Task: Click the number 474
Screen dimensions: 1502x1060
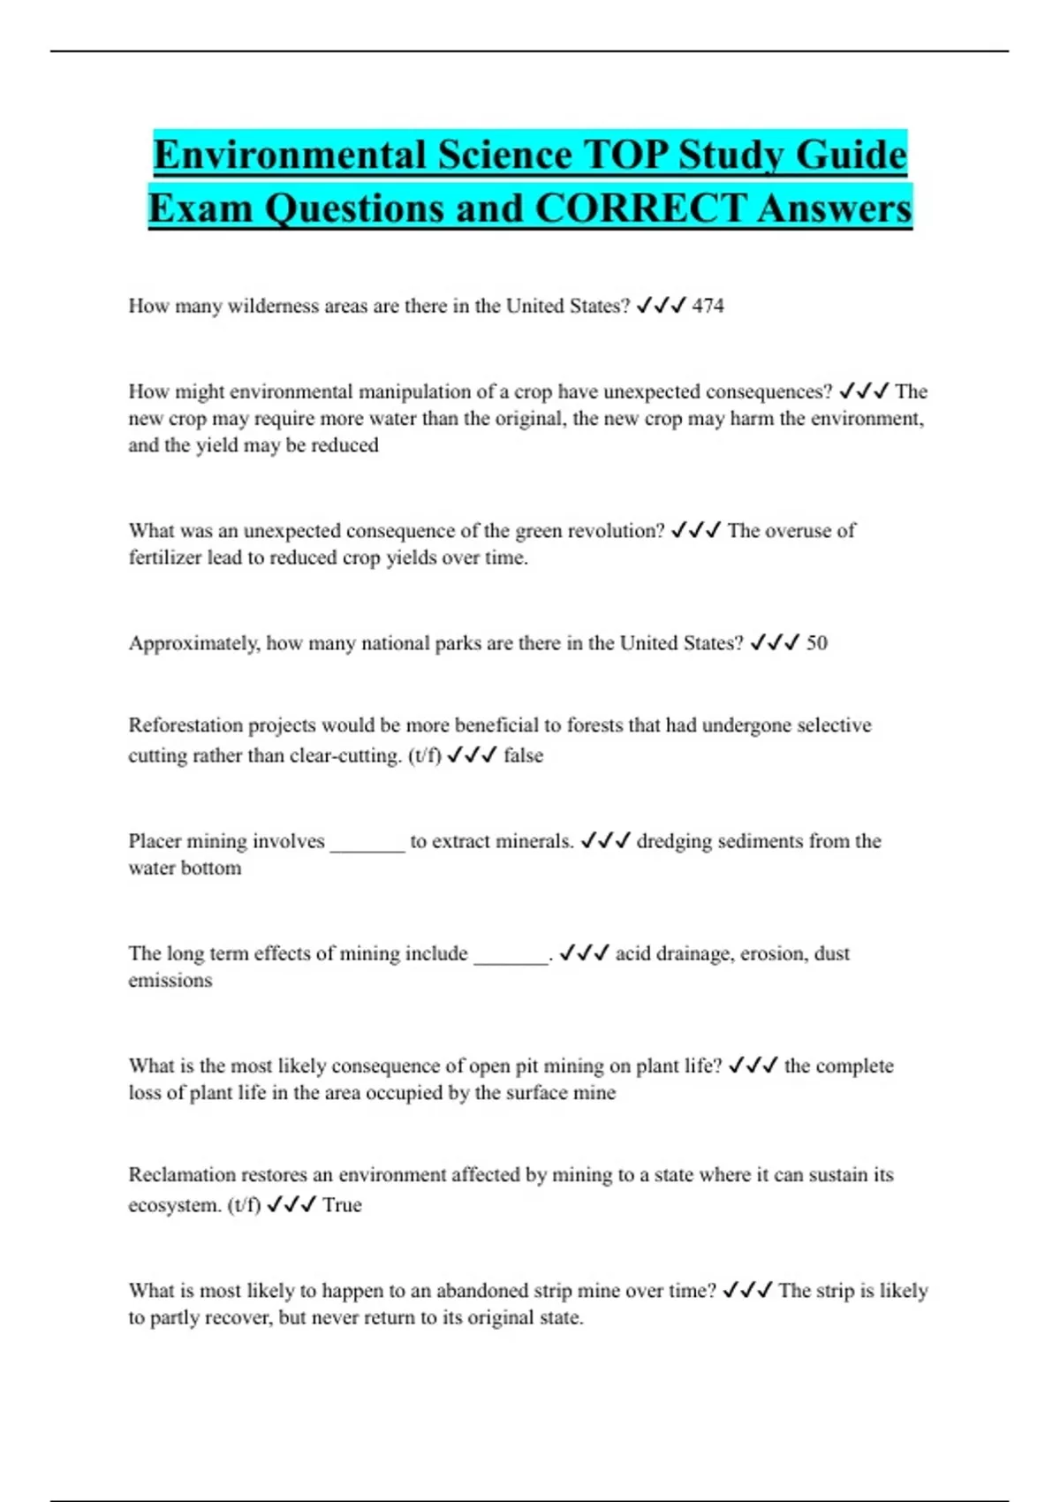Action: [708, 306]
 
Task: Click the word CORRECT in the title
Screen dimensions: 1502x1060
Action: [640, 209]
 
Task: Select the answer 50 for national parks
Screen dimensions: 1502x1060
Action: [816, 643]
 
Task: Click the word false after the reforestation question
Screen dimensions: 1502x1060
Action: [523, 755]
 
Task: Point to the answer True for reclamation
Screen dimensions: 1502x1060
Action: [342, 1205]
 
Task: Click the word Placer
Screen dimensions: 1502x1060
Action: [155, 841]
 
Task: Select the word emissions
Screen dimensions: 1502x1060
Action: [170, 980]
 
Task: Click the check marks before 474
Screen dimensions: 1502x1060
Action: [661, 306]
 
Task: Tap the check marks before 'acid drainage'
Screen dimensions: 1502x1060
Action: [584, 953]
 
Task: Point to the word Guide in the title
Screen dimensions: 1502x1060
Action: [851, 156]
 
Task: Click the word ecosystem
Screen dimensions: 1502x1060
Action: [174, 1205]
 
